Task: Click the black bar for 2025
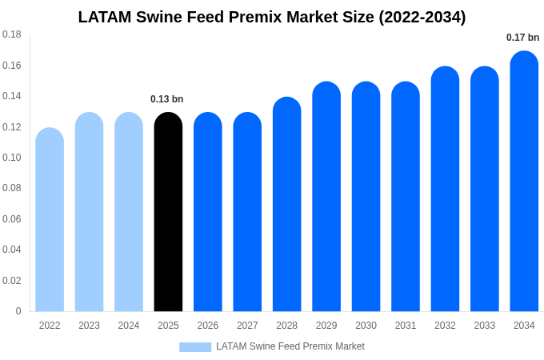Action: [x=168, y=212]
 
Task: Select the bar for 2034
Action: [x=524, y=182]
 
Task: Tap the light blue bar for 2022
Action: [x=50, y=220]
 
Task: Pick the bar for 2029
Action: [x=326, y=197]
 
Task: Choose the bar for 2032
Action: [x=445, y=189]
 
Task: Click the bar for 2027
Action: [x=247, y=212]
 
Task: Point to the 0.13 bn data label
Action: [x=166, y=99]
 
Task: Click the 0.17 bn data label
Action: [x=522, y=38]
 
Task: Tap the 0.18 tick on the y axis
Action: [x=12, y=34]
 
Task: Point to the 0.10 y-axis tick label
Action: [x=12, y=158]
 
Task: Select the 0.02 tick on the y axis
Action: [x=12, y=281]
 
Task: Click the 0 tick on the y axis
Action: [x=18, y=311]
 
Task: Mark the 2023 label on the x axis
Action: [x=89, y=326]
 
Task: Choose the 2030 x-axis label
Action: [x=366, y=326]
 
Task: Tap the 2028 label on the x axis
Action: [x=286, y=326]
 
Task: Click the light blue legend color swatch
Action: [x=195, y=347]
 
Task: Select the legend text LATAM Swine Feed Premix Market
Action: [x=290, y=346]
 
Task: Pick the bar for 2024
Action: [x=129, y=212]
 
